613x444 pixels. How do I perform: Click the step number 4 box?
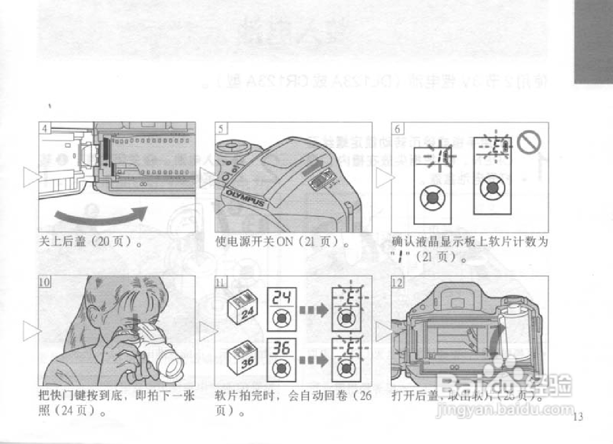pyautogui.click(x=44, y=128)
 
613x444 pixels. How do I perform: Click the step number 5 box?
pyautogui.click(x=221, y=128)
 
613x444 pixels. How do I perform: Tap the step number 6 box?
pyautogui.click(x=397, y=128)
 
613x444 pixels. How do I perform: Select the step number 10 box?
pyautogui.click(x=45, y=282)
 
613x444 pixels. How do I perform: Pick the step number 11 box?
pyautogui.click(x=221, y=282)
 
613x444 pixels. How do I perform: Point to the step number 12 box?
pyautogui.click(x=397, y=282)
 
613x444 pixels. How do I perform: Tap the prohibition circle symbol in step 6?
pyautogui.click(x=527, y=142)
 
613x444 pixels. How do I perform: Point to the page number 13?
pyautogui.click(x=578, y=417)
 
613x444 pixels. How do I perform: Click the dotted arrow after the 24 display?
pyautogui.click(x=314, y=310)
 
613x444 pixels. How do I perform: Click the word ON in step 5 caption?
pyautogui.click(x=284, y=242)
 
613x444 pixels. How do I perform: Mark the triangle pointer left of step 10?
pyautogui.click(x=30, y=331)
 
